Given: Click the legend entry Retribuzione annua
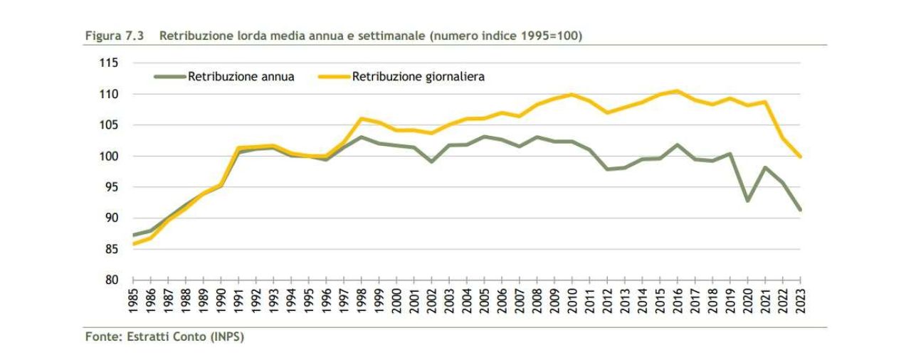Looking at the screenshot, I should (241, 77).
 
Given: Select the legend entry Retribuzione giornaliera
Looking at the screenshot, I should (418, 77).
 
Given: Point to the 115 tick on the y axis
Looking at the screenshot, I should (109, 63).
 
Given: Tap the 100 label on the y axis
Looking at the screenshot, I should (109, 156).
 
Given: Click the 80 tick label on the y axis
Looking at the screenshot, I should (112, 280).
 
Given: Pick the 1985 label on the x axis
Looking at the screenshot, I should (133, 300).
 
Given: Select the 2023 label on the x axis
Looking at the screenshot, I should (801, 300).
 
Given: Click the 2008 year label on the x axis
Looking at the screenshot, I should (537, 300).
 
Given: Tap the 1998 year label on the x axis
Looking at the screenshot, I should (362, 300).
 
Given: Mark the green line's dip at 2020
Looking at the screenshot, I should (748, 201).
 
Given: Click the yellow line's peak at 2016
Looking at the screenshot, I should (678, 91).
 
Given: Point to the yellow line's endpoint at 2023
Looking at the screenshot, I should (801, 157).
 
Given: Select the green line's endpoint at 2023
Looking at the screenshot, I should (801, 210).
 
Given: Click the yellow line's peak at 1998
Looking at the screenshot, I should (362, 118).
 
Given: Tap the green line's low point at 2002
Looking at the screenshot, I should (432, 162).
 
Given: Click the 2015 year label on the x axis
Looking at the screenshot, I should (660, 300).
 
